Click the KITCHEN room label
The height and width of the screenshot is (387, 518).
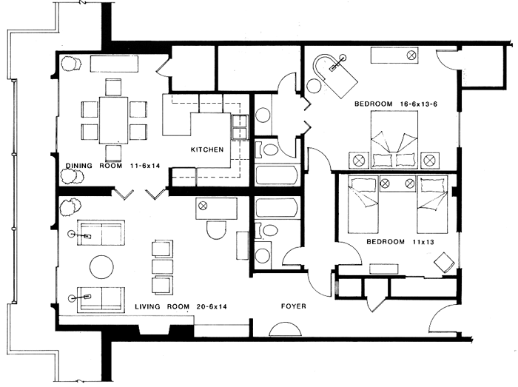click(206, 150)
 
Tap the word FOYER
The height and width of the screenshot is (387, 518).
click(293, 306)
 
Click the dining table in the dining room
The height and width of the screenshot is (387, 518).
click(112, 120)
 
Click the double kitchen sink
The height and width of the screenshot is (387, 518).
click(240, 127)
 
